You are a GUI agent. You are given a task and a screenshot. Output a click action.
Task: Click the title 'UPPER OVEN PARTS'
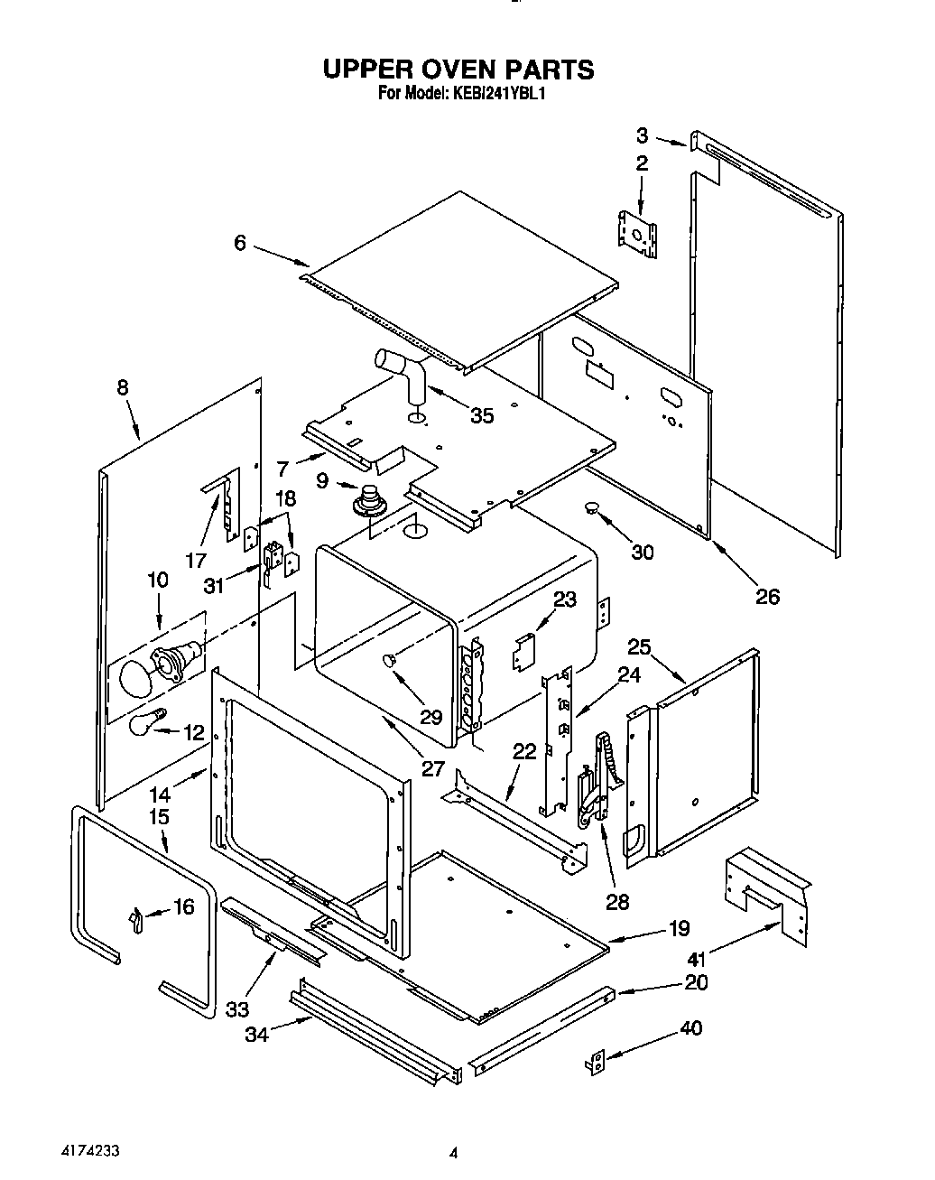click(x=458, y=70)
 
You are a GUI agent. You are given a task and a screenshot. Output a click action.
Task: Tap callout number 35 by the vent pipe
click(x=482, y=415)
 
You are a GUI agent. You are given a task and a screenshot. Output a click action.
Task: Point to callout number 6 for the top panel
click(x=239, y=243)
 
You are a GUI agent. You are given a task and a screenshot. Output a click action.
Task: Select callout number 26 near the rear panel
click(x=767, y=596)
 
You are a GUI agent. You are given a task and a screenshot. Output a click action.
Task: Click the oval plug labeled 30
click(x=592, y=509)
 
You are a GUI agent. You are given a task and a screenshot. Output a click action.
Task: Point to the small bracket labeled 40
click(x=596, y=1064)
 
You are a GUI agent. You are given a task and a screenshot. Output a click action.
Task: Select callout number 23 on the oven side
click(x=564, y=598)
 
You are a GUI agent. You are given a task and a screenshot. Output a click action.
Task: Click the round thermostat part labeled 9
click(x=368, y=498)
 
